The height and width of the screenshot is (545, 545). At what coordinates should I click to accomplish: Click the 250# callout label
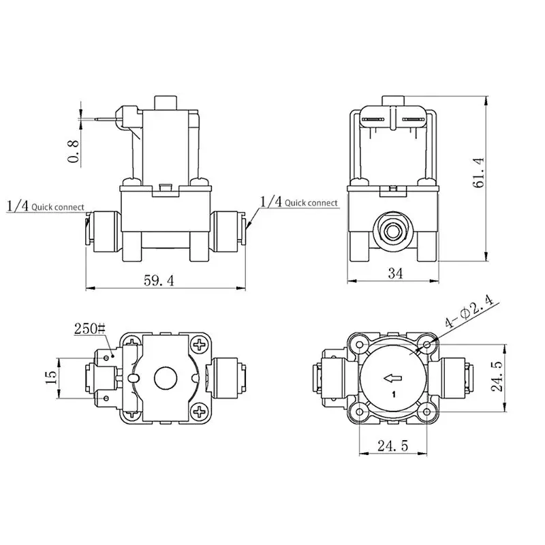coord(90,328)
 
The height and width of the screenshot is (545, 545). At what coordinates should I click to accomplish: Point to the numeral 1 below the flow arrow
coord(392,394)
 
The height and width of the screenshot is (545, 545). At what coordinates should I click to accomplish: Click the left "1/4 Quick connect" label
coord(45,206)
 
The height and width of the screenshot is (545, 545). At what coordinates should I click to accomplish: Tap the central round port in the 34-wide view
coord(393,230)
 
